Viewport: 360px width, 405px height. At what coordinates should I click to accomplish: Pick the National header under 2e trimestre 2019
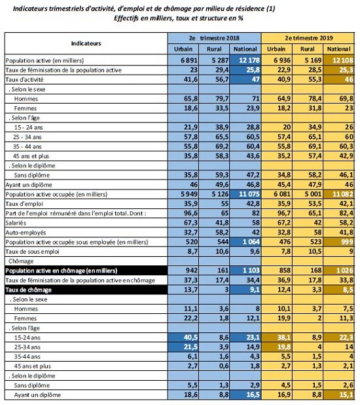click(340, 48)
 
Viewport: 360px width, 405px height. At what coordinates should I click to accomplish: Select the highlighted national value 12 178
click(245, 59)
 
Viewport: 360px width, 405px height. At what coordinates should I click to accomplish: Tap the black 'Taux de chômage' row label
click(31, 289)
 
